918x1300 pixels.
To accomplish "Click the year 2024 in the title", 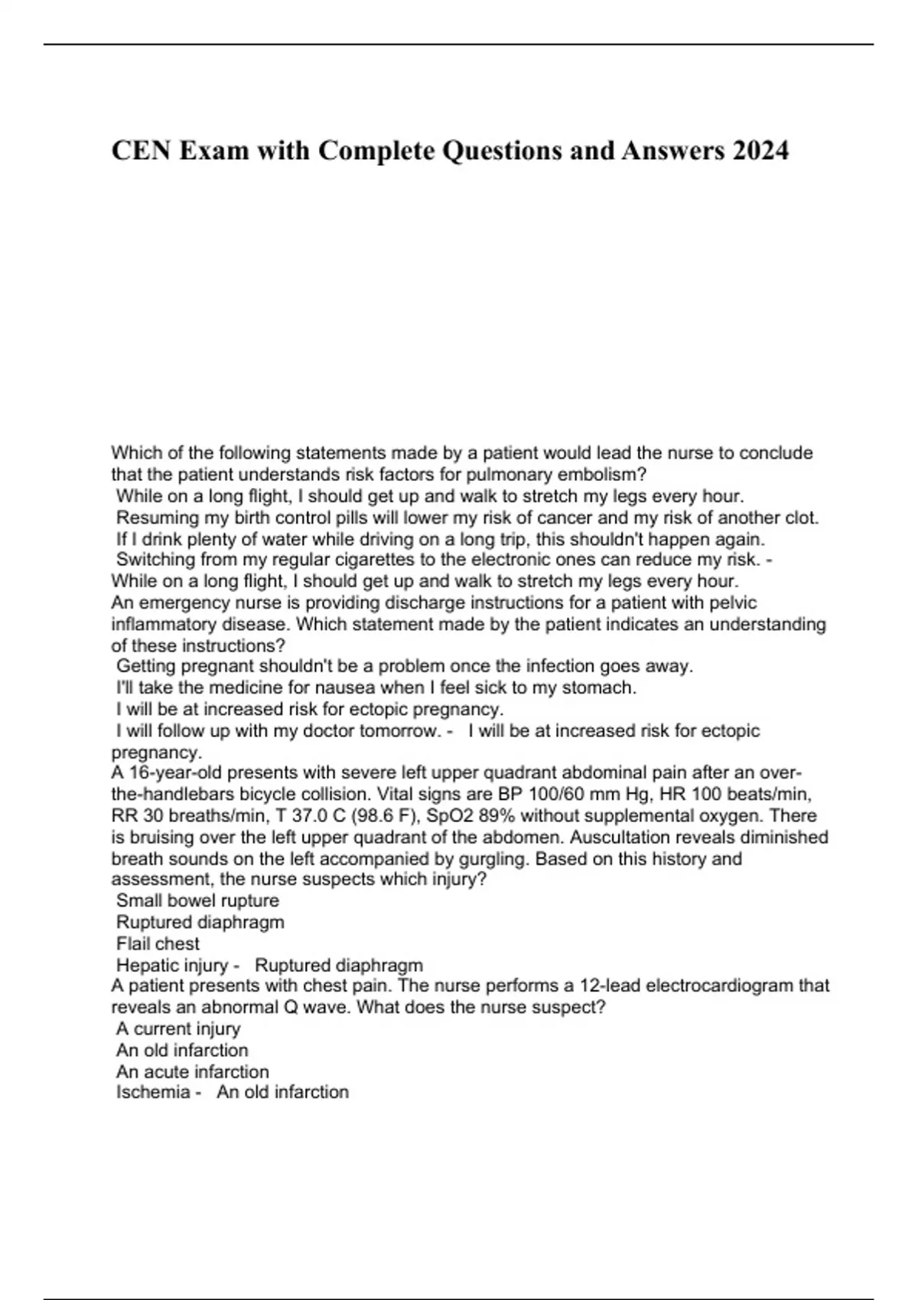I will (760, 151).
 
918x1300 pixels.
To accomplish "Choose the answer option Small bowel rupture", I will (197, 901).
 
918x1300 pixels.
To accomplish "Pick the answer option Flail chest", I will (158, 944).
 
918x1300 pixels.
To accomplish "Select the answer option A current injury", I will (178, 1029).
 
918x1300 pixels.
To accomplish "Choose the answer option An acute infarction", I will (192, 1071).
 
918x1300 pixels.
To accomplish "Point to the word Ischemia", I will (152, 1092).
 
